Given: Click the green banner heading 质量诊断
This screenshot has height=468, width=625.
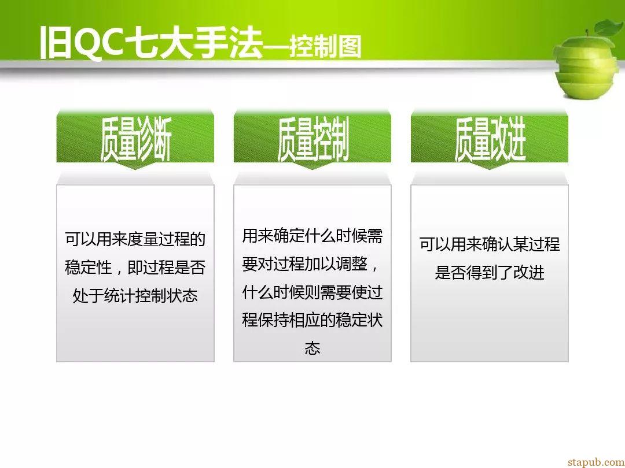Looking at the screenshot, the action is point(135,139).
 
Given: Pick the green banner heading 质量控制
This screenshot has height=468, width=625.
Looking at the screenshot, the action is point(313,139).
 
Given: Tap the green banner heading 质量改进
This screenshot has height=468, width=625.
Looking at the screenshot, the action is point(490,139).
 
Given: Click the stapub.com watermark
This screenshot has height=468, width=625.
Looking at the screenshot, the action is point(596,462).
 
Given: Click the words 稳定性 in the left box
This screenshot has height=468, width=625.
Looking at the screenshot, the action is point(88,267).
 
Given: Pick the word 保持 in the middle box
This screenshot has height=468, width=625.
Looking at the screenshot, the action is point(273,320).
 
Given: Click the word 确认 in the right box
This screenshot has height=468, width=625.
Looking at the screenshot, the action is point(497,244).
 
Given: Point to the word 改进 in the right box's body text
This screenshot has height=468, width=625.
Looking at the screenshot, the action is point(528,273).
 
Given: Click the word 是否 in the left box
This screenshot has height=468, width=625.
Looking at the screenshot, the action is point(190,267).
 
